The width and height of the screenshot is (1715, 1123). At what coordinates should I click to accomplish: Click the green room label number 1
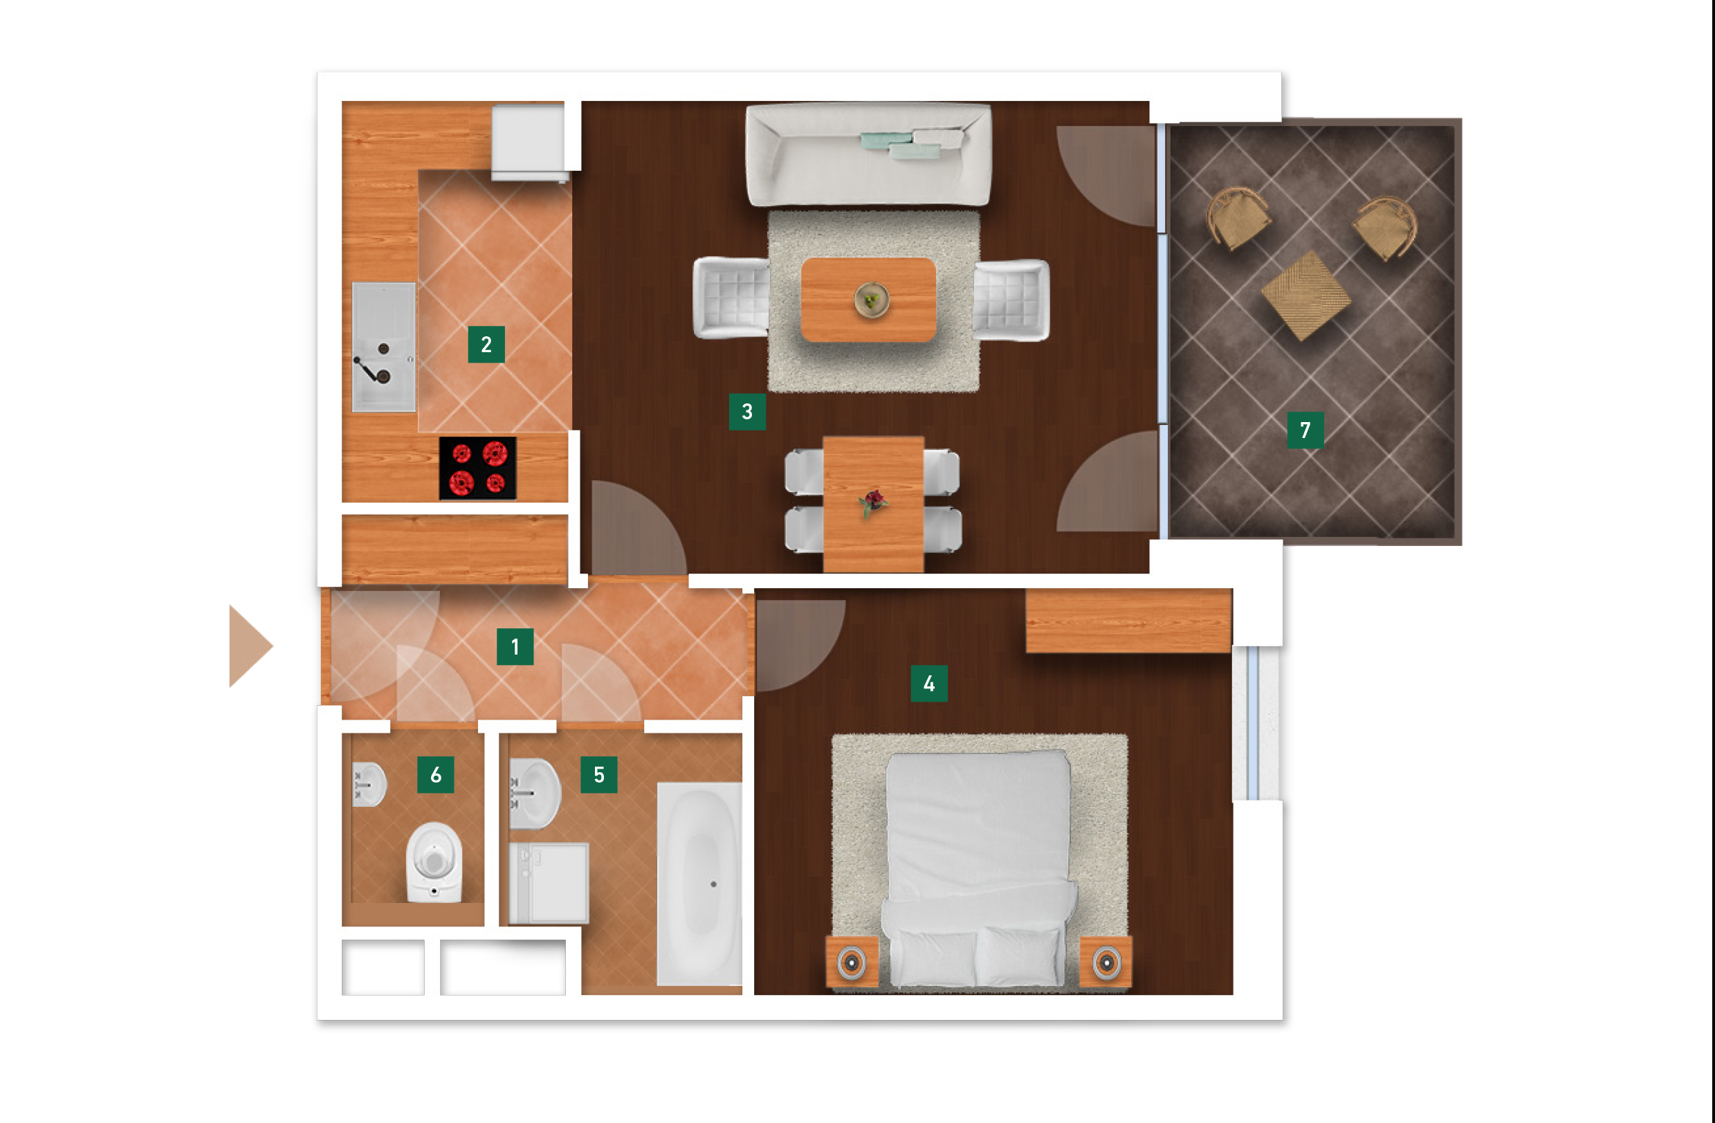tap(515, 646)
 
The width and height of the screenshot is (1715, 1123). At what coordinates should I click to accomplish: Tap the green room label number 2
tap(486, 345)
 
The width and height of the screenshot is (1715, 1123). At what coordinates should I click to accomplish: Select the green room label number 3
tap(746, 412)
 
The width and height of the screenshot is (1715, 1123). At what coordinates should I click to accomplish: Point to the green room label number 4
tap(929, 684)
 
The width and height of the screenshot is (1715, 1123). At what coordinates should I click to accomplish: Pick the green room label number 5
tap(599, 775)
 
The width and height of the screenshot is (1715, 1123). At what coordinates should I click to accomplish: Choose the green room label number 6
tap(435, 775)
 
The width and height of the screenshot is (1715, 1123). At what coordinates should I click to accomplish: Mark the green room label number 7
tap(1305, 430)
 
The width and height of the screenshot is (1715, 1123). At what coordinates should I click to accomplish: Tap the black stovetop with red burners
tap(478, 468)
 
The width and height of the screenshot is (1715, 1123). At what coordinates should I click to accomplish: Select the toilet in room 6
tap(434, 862)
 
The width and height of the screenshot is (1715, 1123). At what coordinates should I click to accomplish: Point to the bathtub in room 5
tap(699, 884)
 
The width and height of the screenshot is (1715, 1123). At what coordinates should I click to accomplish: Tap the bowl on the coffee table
tap(871, 299)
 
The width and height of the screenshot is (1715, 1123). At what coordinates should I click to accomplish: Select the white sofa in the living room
tap(868, 155)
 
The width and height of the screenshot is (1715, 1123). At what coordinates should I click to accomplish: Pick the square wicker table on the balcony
tap(1305, 295)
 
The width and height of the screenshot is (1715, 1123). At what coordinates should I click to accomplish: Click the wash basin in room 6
tap(369, 784)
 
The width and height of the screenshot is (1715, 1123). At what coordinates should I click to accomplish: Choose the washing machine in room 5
tap(549, 884)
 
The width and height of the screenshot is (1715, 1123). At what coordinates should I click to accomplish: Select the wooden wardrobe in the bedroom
tap(1128, 621)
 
